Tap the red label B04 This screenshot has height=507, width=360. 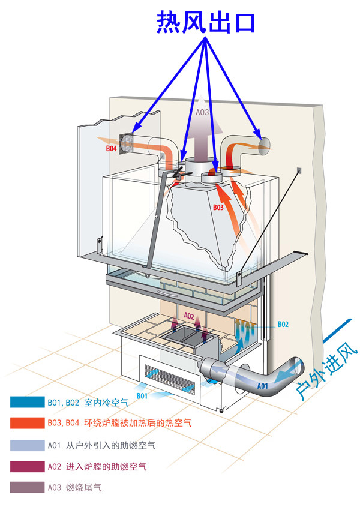click(111, 148)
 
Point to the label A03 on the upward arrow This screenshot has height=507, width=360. click(203, 112)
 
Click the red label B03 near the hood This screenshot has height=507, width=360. click(218, 208)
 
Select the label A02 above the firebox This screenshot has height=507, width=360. click(188, 316)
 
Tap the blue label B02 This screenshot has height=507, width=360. click(283, 325)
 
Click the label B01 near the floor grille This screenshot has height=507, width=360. click(142, 396)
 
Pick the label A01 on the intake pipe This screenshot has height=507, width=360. click(263, 386)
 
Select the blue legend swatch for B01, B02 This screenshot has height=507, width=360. click(26, 402)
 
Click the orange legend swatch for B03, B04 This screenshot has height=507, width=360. click(26, 424)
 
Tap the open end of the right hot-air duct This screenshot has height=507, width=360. click(263, 144)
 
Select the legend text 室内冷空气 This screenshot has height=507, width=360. click(106, 402)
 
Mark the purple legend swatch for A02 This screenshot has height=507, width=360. click(26, 466)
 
